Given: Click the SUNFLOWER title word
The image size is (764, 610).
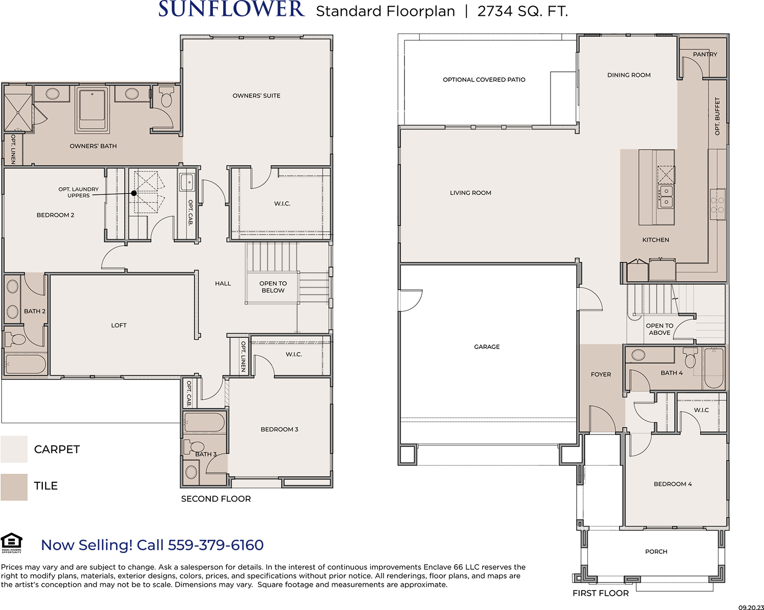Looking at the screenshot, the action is [231, 9].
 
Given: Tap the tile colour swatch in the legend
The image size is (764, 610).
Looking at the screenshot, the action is [14, 487].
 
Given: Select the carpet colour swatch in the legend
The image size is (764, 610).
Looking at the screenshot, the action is [14, 449].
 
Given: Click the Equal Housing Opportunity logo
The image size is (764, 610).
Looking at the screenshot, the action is [11, 543].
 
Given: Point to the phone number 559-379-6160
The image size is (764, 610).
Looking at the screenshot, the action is [215, 545].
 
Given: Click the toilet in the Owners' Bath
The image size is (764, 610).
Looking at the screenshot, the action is [166, 97].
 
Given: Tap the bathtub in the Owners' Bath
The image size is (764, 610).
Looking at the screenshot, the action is [92, 109].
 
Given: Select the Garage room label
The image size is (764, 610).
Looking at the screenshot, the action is [487, 347].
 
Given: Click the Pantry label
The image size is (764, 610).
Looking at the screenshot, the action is [705, 54].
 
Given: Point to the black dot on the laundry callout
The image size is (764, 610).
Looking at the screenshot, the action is [134, 193].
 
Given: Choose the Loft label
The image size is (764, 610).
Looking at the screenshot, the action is [119, 325].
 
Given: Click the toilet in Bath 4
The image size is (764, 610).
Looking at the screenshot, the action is [690, 358].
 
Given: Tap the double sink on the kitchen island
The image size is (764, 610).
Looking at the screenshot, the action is [666, 196].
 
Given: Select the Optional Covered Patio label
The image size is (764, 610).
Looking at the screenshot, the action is [484, 80].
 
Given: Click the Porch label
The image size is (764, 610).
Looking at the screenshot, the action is [656, 551].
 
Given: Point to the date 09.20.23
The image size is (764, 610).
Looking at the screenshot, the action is [751, 607].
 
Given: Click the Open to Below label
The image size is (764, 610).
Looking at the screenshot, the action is [273, 287].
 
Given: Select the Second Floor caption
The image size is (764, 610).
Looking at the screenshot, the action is [216, 499].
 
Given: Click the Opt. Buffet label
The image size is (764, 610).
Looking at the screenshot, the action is [717, 116].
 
